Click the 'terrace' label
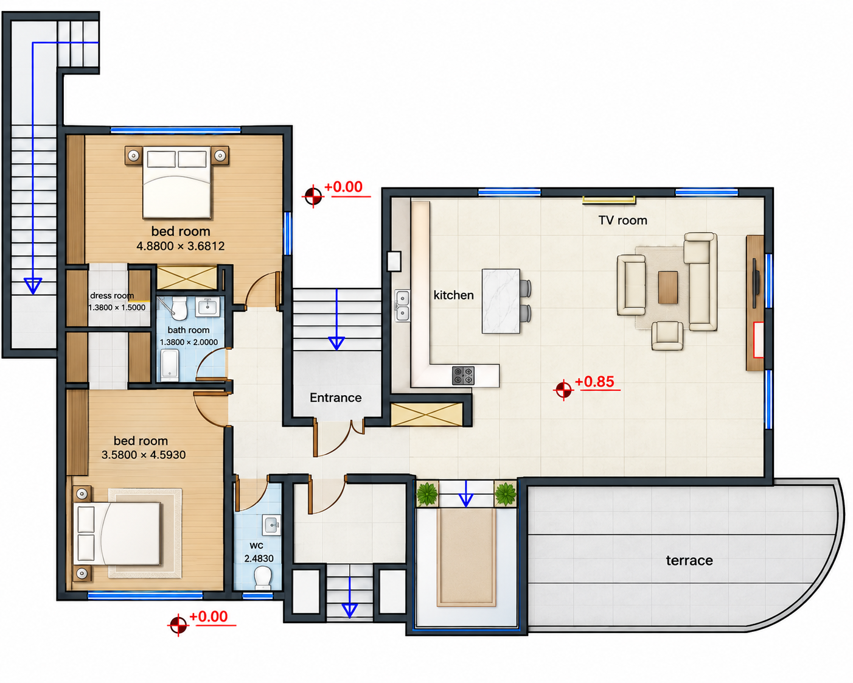(689, 561)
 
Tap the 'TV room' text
(622, 220)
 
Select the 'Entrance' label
(335, 398)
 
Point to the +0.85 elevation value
(594, 381)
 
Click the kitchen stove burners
(463, 375)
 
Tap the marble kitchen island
(501, 301)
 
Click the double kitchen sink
(402, 305)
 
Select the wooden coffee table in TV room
(668, 287)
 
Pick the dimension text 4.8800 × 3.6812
(180, 246)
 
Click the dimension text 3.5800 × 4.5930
(144, 455)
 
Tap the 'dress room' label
(112, 295)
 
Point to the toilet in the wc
(262, 578)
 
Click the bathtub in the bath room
(170, 365)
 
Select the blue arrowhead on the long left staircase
(33, 285)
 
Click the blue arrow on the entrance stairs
(336, 320)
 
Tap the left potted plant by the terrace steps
(427, 494)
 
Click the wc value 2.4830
(259, 558)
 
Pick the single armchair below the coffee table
(667, 335)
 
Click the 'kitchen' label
(453, 295)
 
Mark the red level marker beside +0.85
(563, 390)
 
